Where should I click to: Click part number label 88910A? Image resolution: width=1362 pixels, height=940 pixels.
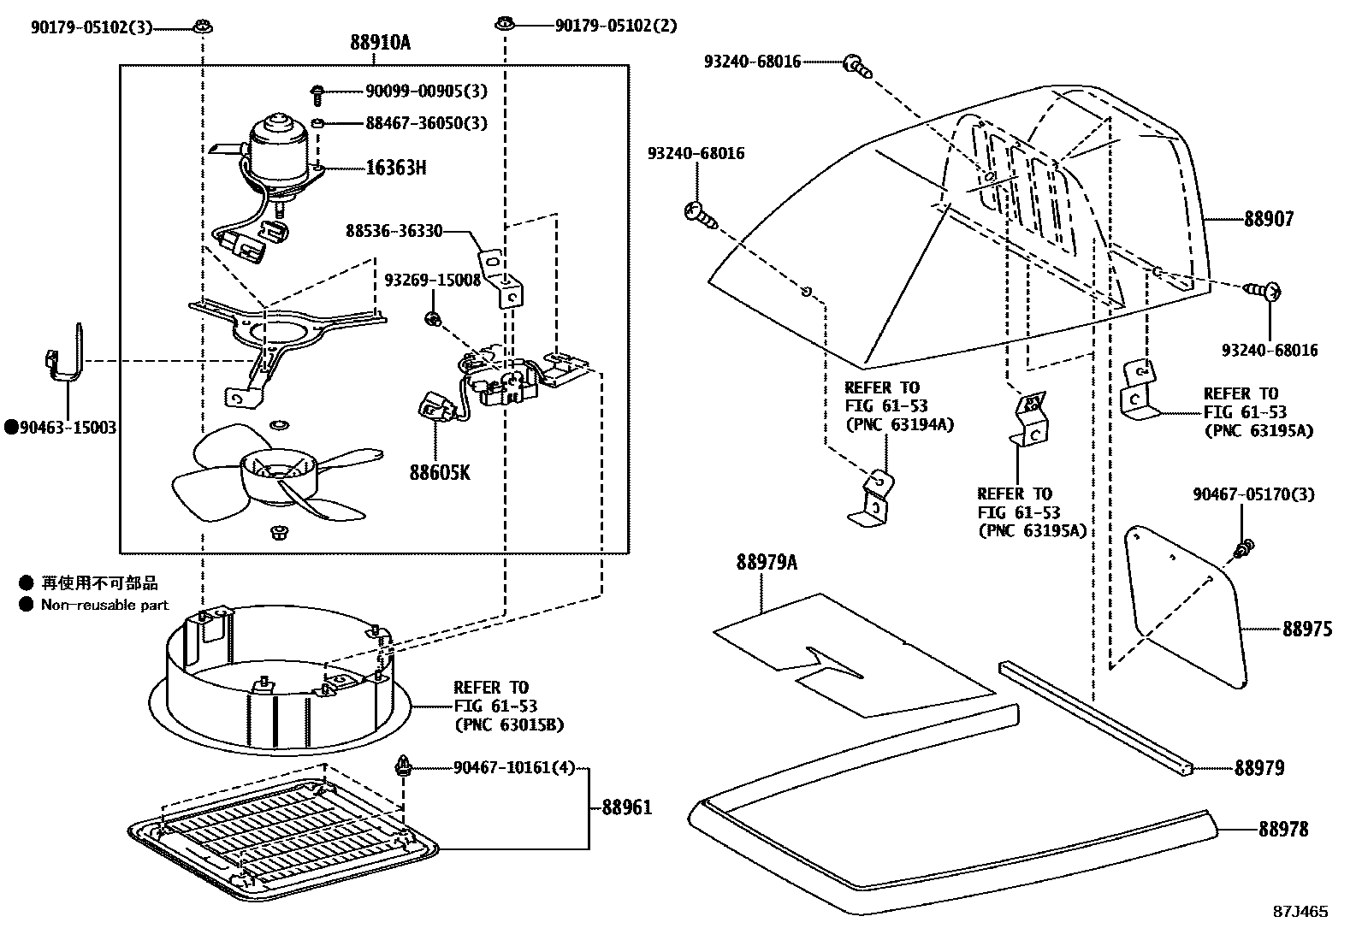coord(380,42)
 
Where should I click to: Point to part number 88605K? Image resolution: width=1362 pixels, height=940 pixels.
coord(439,472)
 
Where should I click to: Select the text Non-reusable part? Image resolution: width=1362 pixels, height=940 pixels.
coord(104,605)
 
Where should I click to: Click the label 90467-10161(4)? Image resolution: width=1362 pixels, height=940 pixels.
coord(514,768)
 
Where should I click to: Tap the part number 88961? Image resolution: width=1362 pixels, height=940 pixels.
coord(626,807)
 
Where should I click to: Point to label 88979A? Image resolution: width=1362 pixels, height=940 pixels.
coord(766,562)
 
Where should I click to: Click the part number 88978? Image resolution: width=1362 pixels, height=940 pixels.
coord(1282,828)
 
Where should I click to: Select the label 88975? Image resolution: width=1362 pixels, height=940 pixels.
coord(1306,629)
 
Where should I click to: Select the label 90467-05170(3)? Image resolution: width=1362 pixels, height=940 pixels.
coord(1253,494)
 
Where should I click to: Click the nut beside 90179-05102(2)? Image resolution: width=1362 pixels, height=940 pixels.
coord(505,26)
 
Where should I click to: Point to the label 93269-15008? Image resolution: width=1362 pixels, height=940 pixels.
coord(432,280)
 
